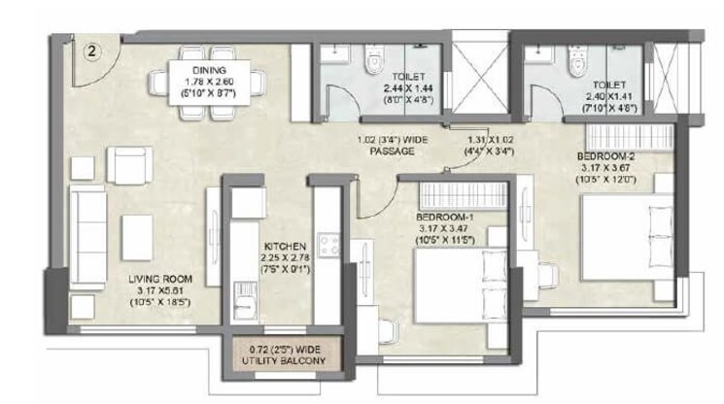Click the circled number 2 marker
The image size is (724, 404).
[90, 50]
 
